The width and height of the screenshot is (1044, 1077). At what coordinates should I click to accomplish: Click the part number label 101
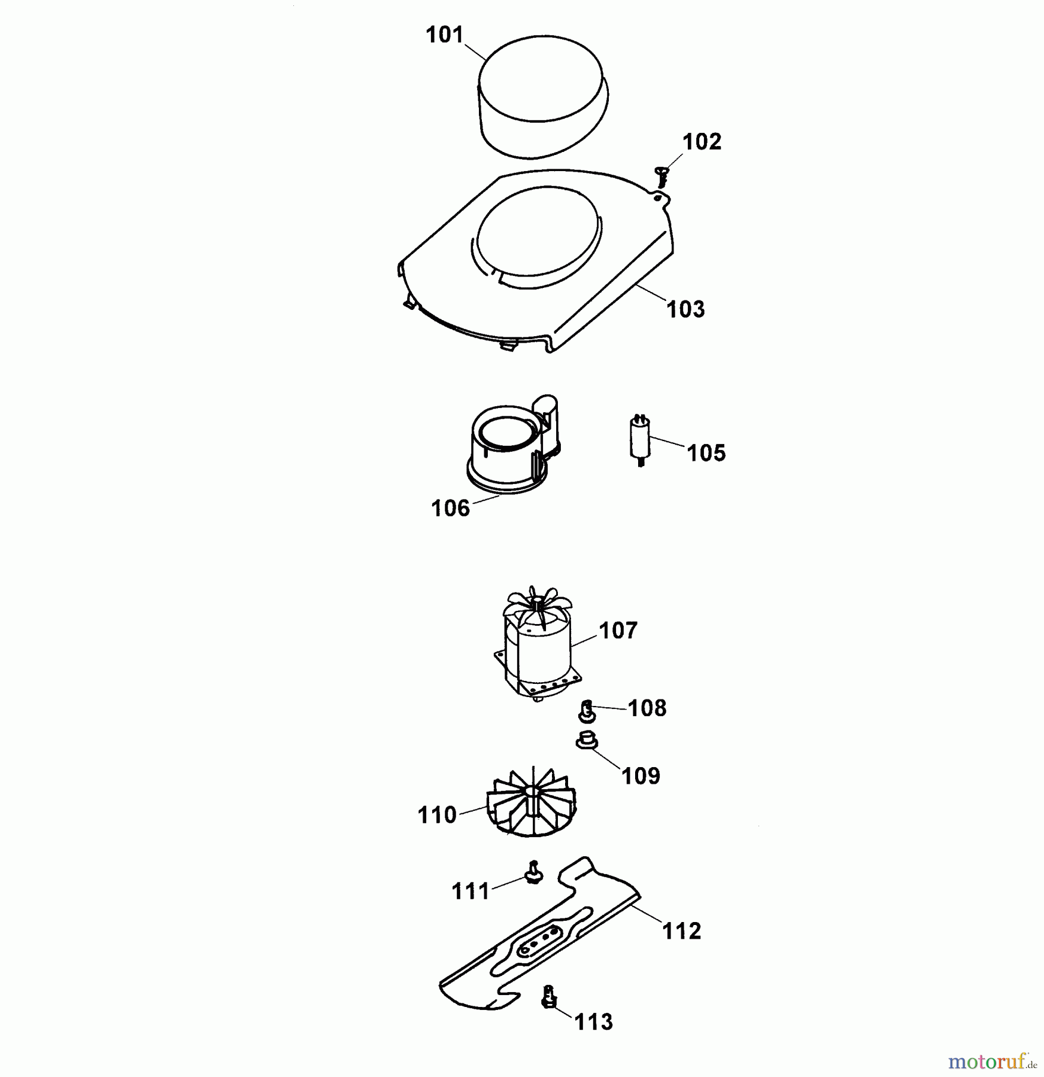445,35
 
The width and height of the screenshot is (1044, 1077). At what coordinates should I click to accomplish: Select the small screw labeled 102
662,177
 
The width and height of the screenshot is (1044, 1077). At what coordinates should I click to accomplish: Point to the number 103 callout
686,309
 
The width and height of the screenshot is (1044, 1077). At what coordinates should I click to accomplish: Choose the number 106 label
450,509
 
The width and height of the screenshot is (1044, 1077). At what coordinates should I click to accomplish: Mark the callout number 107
618,630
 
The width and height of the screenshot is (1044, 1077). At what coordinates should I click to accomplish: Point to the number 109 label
641,776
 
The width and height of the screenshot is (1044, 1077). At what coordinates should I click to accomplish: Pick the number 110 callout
437,815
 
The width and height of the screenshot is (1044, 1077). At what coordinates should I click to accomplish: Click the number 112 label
682,931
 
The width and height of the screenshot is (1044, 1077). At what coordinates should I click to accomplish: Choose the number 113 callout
594,1022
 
